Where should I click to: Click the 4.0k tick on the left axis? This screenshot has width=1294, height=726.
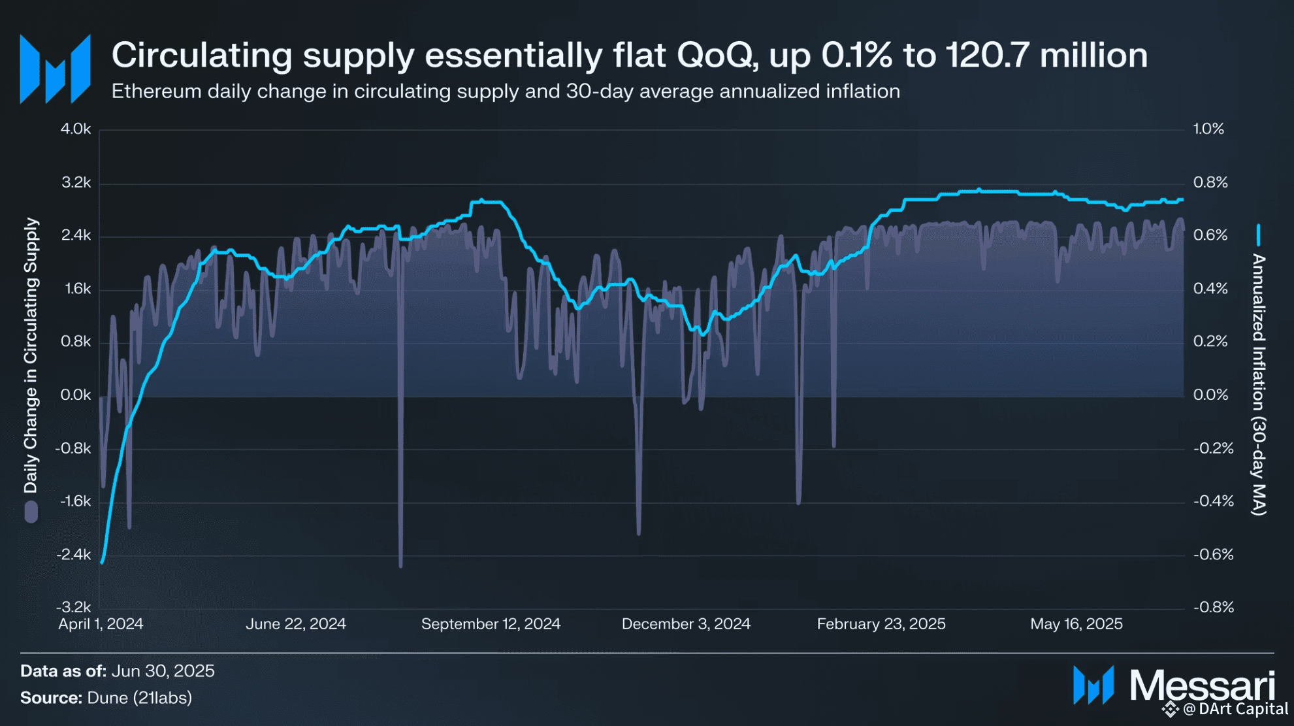(76, 129)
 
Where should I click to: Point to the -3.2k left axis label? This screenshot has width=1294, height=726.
(73, 607)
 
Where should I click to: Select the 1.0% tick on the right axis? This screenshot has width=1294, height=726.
(1208, 129)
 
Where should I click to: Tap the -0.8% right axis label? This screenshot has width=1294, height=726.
(1214, 607)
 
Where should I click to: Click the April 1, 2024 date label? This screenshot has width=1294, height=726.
(101, 624)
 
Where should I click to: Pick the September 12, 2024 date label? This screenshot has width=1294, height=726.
(491, 624)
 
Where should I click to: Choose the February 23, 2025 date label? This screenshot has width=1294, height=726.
(881, 624)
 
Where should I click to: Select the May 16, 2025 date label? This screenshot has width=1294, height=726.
(1076, 624)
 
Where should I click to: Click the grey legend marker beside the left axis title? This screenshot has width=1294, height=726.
(31, 512)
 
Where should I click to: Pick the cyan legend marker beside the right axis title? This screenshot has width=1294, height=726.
(1258, 235)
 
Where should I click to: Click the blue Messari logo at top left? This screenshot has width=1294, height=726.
(55, 69)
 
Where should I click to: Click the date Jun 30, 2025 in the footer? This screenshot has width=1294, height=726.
(163, 671)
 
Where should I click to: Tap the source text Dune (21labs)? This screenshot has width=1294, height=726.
(139, 698)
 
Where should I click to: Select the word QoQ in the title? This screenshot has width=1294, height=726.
(717, 55)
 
